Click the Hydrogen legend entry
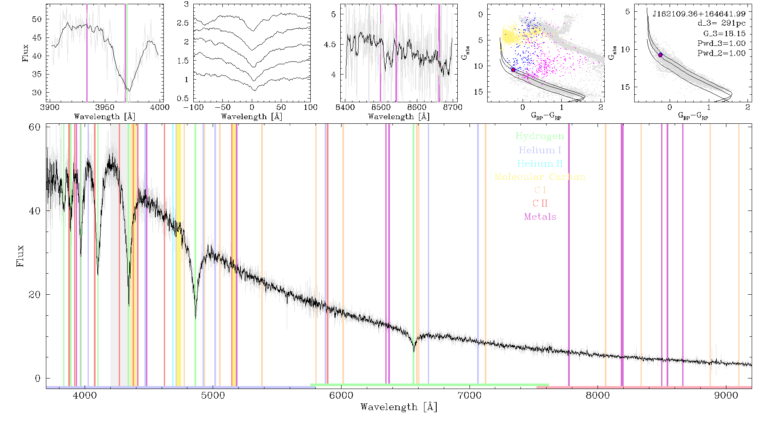pyautogui.click(x=539, y=136)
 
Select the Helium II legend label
pyautogui.click(x=540, y=163)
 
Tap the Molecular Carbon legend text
pyautogui.click(x=540, y=177)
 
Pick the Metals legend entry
pyautogui.click(x=540, y=217)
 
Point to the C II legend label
pyautogui.click(x=540, y=203)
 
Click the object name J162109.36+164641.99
pyautogui.click(x=699, y=14)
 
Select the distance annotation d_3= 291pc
pyautogui.click(x=721, y=24)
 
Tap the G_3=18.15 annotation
pyautogui.click(x=724, y=34)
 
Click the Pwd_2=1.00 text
pyautogui.click(x=721, y=53)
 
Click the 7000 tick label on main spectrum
pyautogui.click(x=470, y=395)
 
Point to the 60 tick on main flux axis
pyautogui.click(x=35, y=127)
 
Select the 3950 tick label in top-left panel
pyautogui.click(x=105, y=107)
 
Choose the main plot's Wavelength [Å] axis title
pyautogui.click(x=399, y=407)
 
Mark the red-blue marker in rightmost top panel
pyautogui.click(x=660, y=55)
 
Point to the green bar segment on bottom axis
pyautogui.click(x=430, y=385)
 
